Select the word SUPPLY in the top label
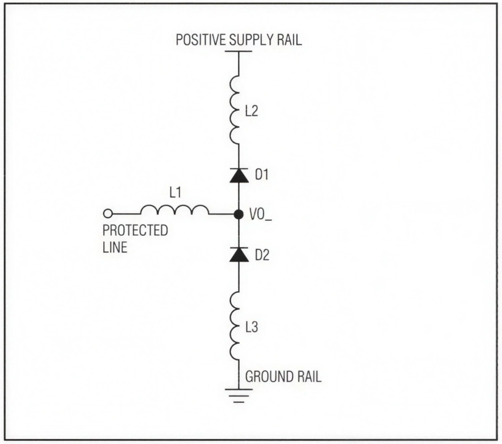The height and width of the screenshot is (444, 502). [x=252, y=40]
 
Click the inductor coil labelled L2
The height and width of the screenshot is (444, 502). [x=235, y=110]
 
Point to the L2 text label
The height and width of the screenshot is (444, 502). [x=252, y=111]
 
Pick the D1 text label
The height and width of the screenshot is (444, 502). [x=262, y=175]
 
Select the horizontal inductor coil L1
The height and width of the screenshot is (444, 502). [x=174, y=210]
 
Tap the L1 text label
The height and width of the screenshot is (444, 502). [x=175, y=192]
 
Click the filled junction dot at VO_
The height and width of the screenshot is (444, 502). [x=239, y=214]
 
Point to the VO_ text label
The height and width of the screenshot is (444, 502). [x=260, y=215]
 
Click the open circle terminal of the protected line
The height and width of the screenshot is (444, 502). [x=108, y=213]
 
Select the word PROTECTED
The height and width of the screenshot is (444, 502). [x=135, y=231]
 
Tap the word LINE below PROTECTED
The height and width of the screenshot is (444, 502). [x=115, y=247]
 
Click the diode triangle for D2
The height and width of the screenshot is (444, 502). [x=239, y=255]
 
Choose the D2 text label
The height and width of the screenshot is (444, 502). [x=262, y=255]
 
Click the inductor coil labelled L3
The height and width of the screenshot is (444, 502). [x=235, y=326]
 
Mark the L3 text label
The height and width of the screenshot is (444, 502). [x=252, y=327]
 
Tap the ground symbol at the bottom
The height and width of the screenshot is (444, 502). [x=239, y=395]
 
